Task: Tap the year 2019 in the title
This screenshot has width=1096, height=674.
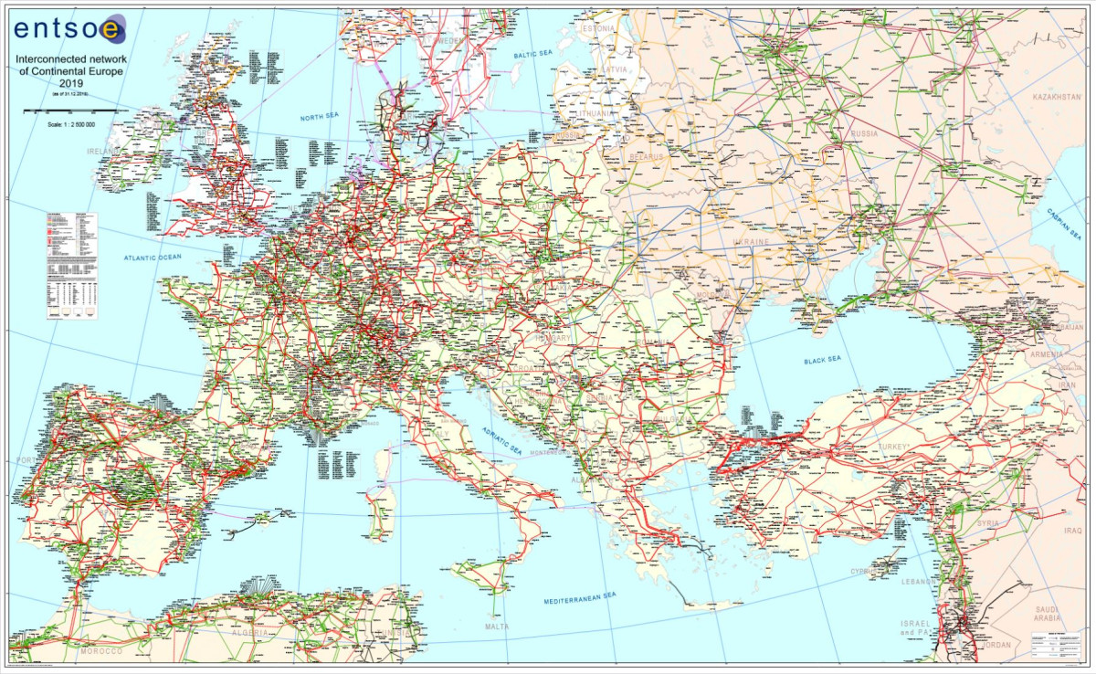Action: pyautogui.click(x=71, y=84)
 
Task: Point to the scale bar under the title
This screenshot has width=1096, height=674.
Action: pyautogui.click(x=68, y=110)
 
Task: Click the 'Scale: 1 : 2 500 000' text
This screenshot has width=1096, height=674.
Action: pyautogui.click(x=70, y=121)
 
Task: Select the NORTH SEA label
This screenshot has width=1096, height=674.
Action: pyautogui.click(x=323, y=118)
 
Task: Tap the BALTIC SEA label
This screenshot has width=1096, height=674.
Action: pyautogui.click(x=533, y=55)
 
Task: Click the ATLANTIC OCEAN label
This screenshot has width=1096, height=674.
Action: pyautogui.click(x=153, y=258)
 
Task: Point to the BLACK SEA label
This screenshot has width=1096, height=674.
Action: pyautogui.click(x=822, y=361)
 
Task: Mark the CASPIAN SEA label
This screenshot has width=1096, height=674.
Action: pyautogui.click(x=1064, y=220)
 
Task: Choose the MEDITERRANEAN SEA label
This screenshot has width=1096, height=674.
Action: pyautogui.click(x=580, y=597)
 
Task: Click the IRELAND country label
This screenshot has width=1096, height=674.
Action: pyautogui.click(x=104, y=150)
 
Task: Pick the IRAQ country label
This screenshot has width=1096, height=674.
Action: pyautogui.click(x=1070, y=530)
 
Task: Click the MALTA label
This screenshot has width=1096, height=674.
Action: pyautogui.click(x=498, y=627)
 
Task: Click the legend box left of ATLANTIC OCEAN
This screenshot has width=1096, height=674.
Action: pyautogui.click(x=71, y=265)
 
